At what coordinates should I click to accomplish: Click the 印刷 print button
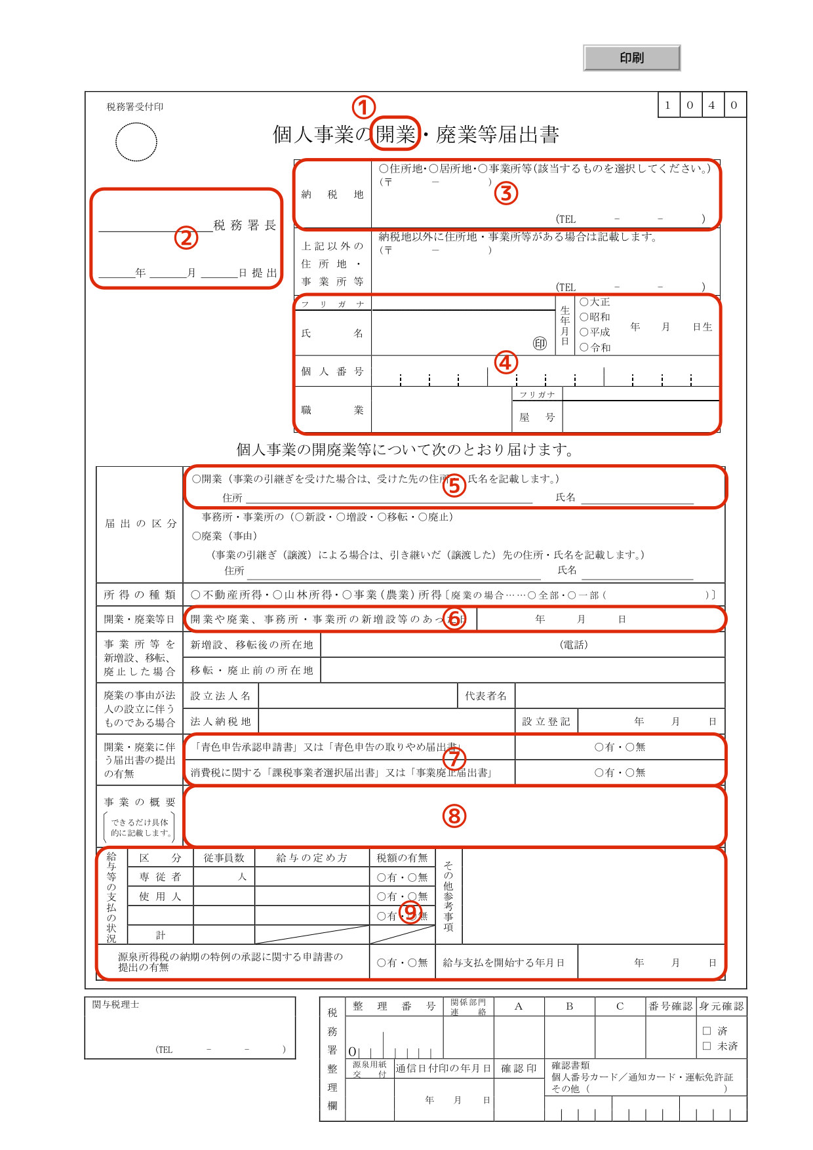pos(631,58)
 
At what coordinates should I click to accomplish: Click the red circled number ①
pos(363,107)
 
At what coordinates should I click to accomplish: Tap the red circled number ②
pos(186,237)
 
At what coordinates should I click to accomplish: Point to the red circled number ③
pos(506,193)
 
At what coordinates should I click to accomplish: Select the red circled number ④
pos(506,362)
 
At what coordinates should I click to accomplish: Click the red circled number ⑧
pos(454,816)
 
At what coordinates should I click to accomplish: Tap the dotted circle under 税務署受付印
pos(136,142)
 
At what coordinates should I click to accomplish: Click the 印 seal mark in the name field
pos(540,344)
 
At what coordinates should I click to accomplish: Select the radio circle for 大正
pos(584,302)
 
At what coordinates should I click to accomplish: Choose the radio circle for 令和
pos(584,347)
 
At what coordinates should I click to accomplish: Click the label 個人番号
pos(332,371)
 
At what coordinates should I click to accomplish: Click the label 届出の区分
pos(140,523)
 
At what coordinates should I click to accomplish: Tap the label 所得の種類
pos(140,595)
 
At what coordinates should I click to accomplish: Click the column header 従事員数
pos(224,858)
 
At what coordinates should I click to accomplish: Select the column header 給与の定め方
pos(311,858)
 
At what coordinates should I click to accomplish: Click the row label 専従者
pos(160,877)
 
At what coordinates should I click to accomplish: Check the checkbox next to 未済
pos(707,1046)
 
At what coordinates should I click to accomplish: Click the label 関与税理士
pos(115,1004)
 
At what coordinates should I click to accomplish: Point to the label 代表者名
pos(486,696)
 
